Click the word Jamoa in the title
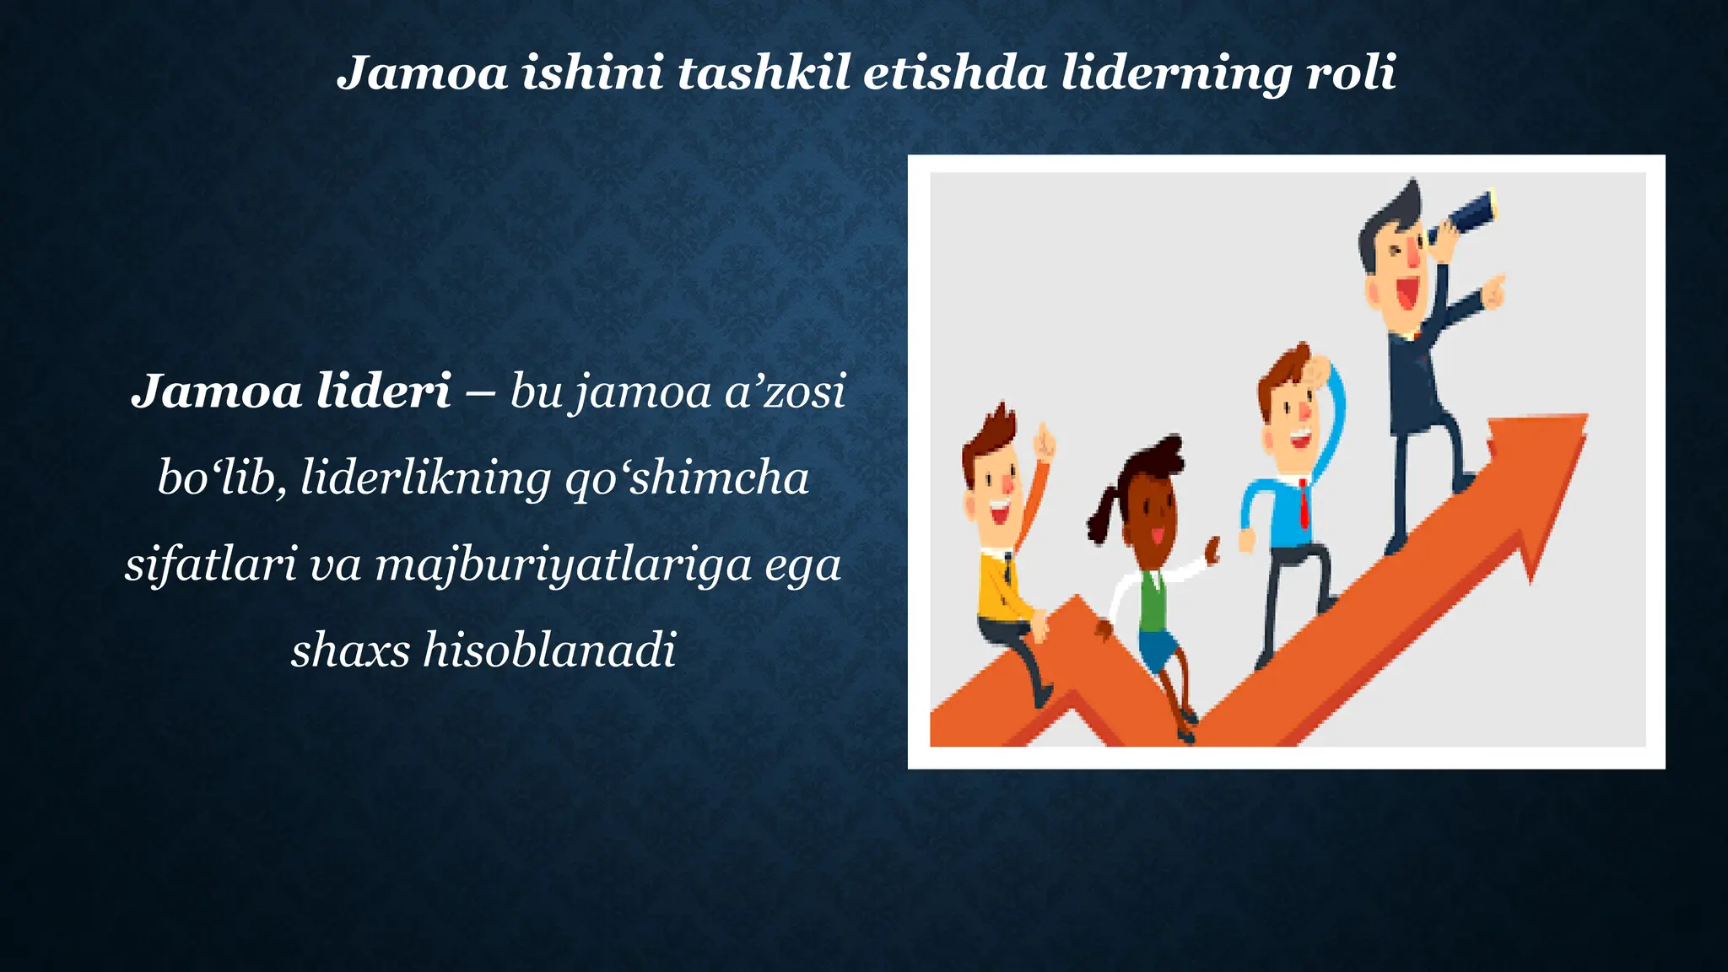[x=422, y=73]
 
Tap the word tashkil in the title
[x=763, y=73]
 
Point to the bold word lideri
[x=384, y=391]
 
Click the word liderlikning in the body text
[x=426, y=478]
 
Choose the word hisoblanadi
[x=549, y=651]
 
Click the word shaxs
[x=350, y=651]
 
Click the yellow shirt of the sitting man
[x=1001, y=587]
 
